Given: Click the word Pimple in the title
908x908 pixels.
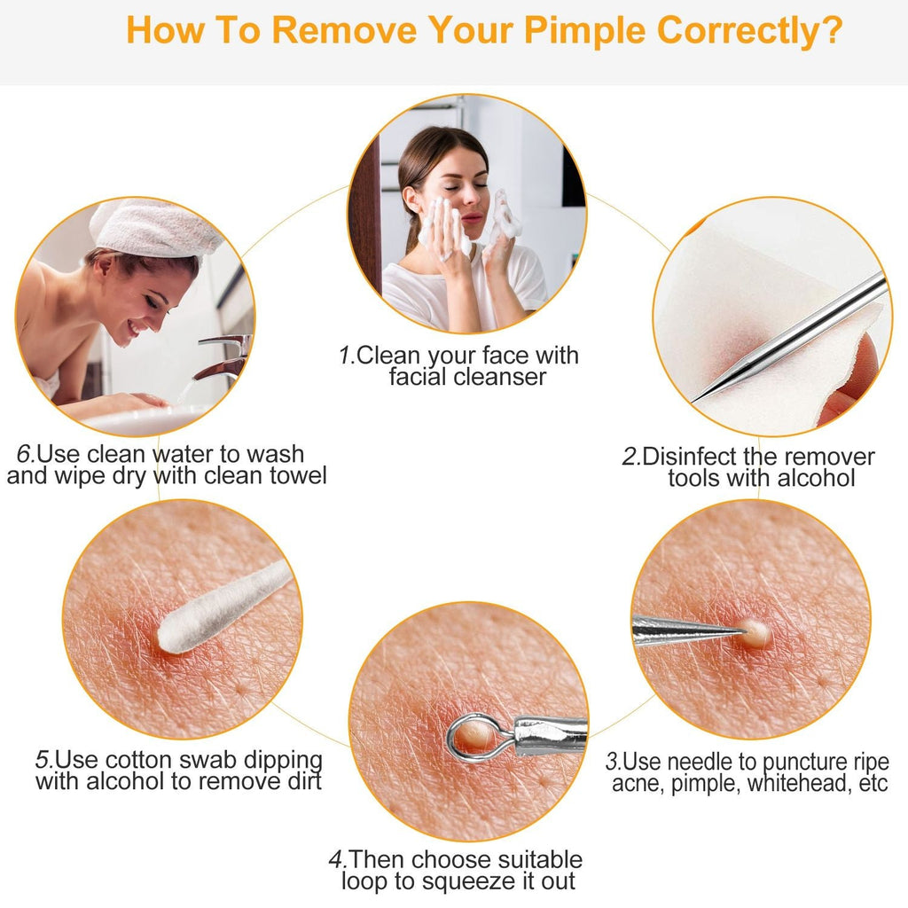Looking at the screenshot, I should point(584,29).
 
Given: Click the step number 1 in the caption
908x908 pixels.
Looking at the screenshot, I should point(345,356).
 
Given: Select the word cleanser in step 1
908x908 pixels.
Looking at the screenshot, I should point(503,377).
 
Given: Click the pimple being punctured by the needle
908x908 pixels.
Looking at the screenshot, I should point(755,631).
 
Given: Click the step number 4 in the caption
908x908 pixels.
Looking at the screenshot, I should point(336,860).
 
